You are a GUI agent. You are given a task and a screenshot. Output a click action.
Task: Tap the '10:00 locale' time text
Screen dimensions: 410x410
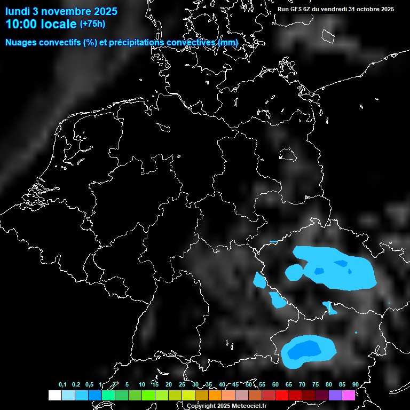41,24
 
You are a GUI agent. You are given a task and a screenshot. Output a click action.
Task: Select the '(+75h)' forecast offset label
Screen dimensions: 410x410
92,24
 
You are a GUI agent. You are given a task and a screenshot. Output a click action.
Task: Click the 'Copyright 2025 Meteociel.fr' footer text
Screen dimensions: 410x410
226,406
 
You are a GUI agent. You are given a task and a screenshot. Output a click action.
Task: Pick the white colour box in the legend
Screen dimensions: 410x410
55,396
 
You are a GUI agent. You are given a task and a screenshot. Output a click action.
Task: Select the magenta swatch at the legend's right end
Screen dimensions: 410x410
349,396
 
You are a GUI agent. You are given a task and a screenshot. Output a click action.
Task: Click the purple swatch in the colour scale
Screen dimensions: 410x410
335,396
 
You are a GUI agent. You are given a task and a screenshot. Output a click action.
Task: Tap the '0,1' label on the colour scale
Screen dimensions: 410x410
62,385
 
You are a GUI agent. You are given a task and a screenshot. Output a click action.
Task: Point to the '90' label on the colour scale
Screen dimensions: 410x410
356,385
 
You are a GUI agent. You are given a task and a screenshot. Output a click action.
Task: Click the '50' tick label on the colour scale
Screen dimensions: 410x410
249,385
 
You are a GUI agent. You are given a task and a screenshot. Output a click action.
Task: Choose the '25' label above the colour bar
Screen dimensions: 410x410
182,385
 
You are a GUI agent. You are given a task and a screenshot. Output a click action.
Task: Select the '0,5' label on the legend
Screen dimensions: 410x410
89,385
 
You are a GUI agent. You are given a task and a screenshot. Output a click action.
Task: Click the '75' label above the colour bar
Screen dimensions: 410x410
316,385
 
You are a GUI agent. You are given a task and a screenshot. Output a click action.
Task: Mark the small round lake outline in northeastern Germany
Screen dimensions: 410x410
288,154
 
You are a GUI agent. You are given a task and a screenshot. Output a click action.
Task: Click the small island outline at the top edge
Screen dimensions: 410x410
328,35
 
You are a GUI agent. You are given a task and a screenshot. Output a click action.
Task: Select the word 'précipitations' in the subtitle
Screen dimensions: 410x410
136,43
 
